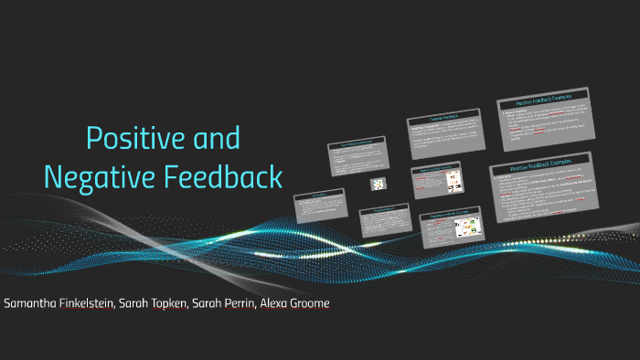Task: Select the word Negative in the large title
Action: [x=99, y=176]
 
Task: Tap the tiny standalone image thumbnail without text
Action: [x=377, y=184]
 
